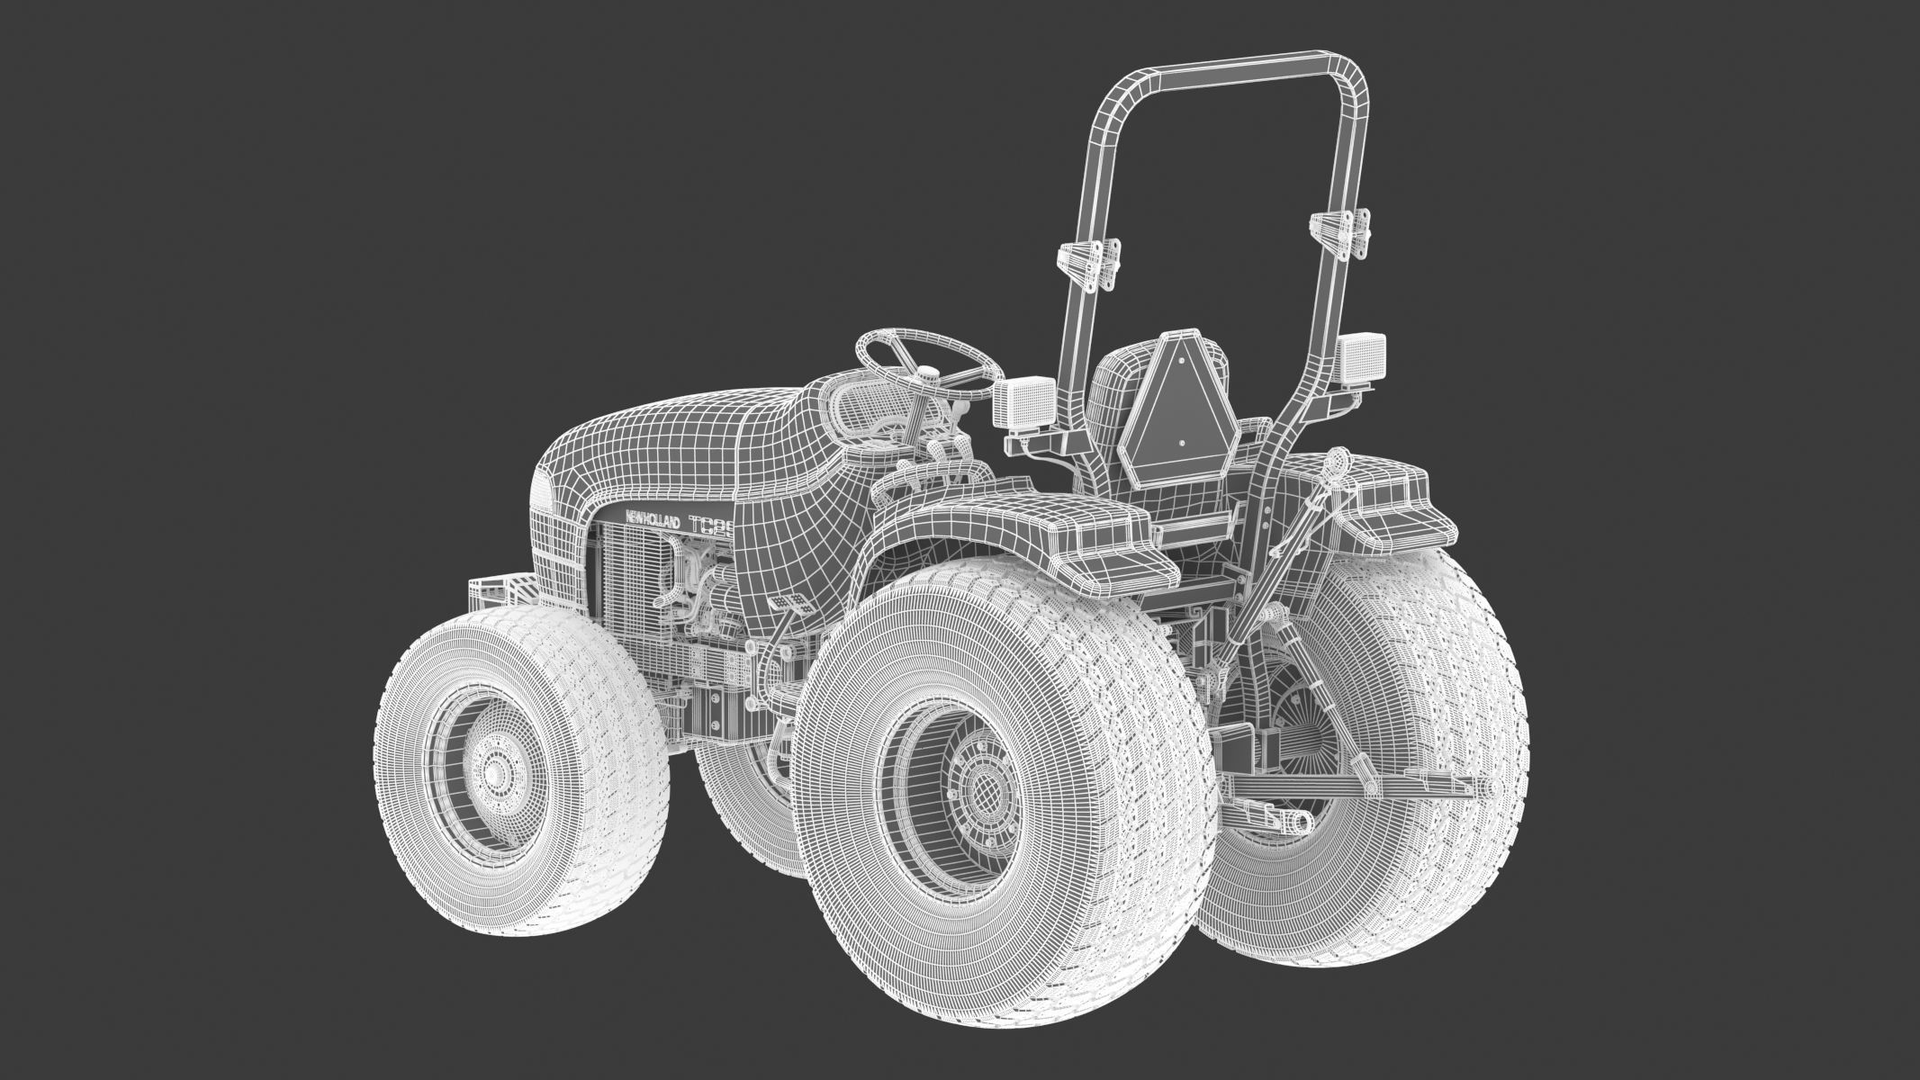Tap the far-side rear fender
click(x=1386, y=504)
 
